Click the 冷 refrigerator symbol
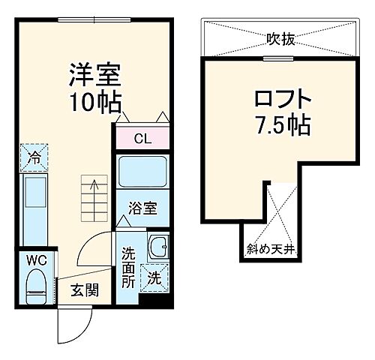coord(34,157)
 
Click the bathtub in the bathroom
coord(142,175)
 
